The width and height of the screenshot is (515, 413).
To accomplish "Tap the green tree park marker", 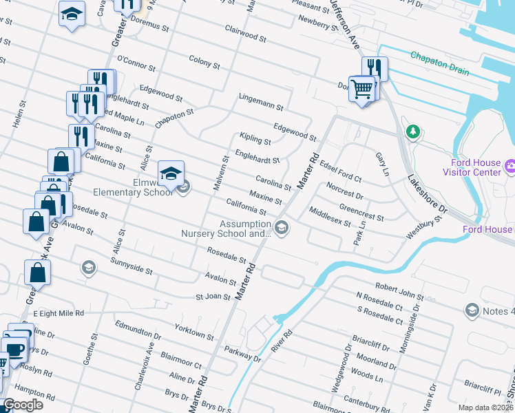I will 412,131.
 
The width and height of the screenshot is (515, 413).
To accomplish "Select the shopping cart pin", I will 361,88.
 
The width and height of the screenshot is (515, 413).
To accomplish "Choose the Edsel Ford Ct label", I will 341,173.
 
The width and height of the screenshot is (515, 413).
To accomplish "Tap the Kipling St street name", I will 255,140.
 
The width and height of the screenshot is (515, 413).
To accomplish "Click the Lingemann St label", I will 261,102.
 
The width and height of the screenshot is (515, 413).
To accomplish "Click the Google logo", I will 23,405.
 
